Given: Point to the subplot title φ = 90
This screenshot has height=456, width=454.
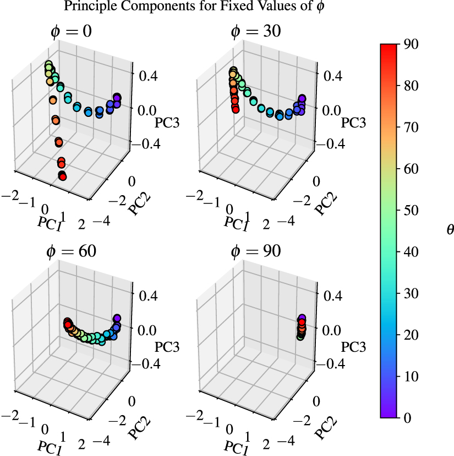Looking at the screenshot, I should (x=255, y=251).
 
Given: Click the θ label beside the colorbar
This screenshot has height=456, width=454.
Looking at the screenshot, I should (x=450, y=230).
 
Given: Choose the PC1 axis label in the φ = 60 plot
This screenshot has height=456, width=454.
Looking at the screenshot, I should (x=50, y=444).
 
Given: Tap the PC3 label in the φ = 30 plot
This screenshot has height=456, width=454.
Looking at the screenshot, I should (x=353, y=122).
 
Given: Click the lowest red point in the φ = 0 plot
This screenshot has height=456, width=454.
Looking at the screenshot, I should (x=62, y=176).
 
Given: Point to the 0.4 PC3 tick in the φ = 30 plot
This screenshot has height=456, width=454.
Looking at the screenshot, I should (x=333, y=75).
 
